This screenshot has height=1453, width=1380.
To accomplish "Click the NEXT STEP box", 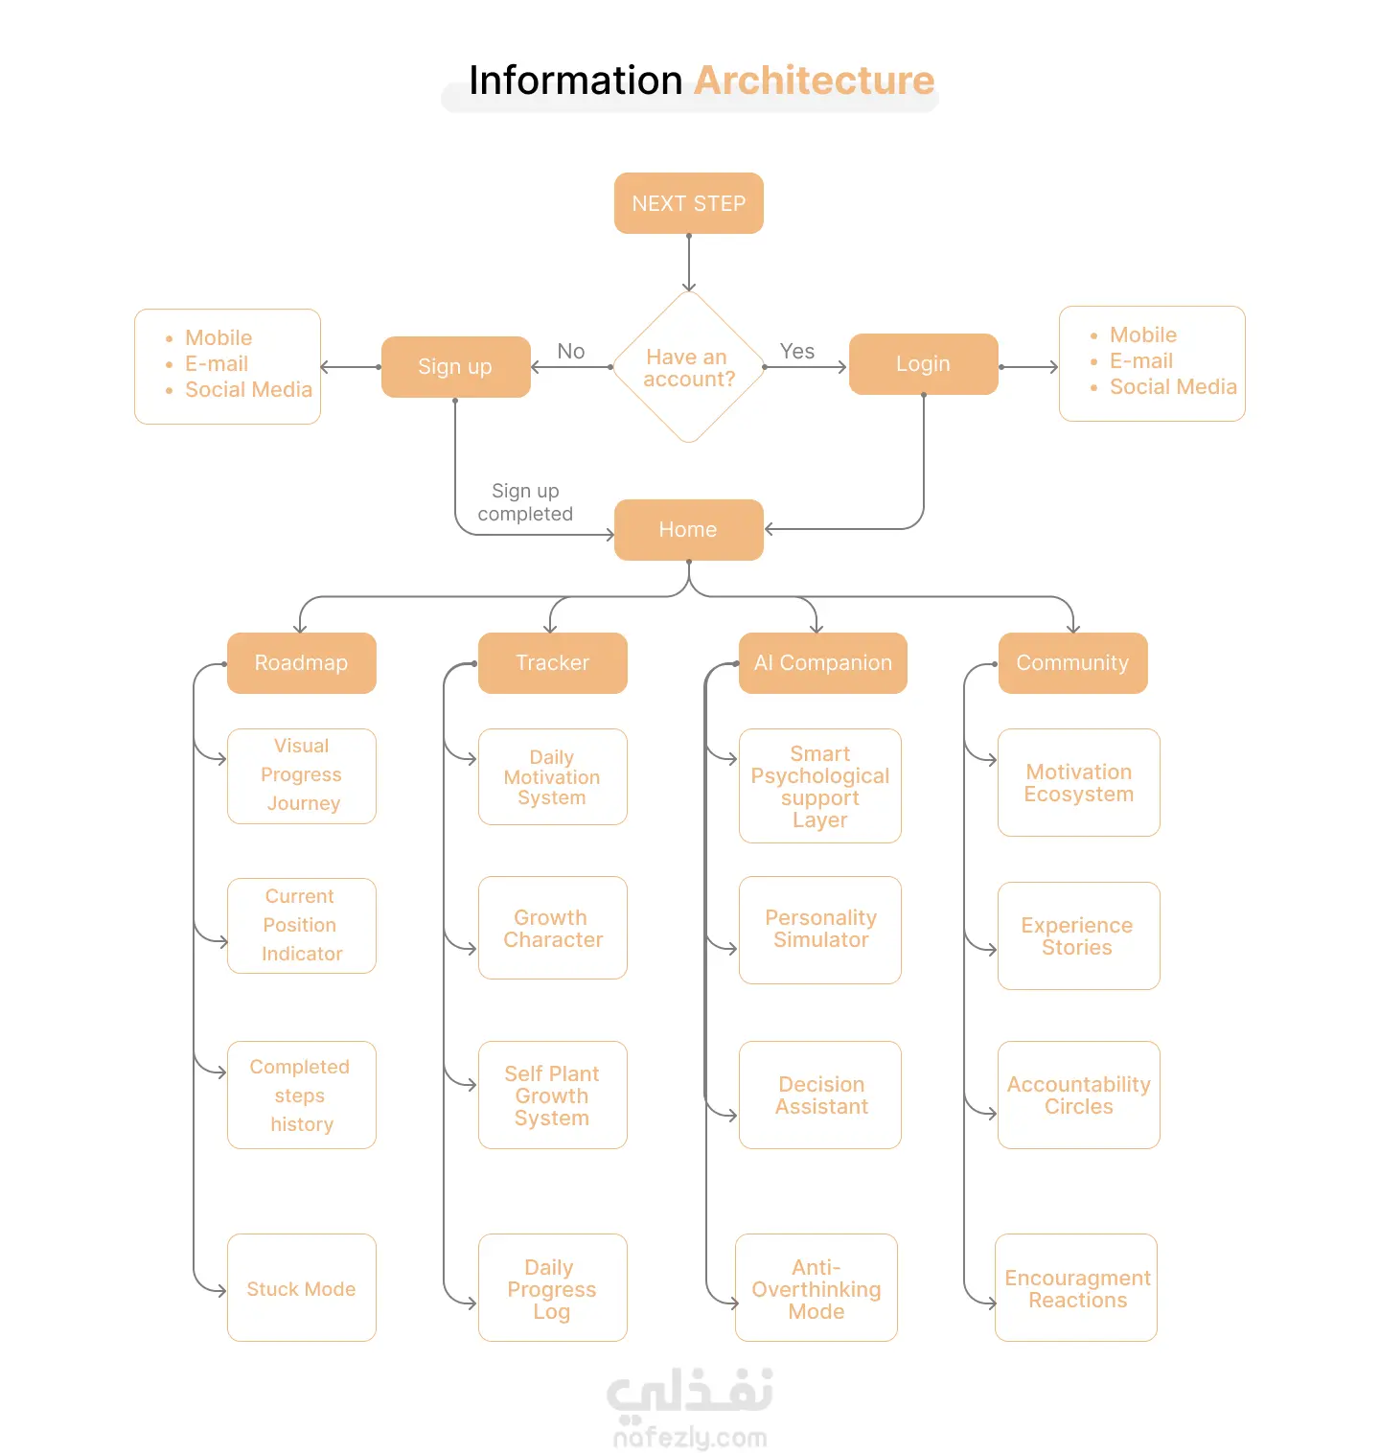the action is coord(688,203).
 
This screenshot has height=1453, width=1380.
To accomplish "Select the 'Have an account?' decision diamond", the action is coord(689,367).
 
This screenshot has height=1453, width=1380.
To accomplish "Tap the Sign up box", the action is coord(455,367).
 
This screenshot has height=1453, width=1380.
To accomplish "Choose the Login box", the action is coord(924,364).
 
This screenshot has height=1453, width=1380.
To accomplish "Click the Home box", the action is coord(688,530).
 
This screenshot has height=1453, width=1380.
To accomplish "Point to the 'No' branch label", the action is coord(571,352).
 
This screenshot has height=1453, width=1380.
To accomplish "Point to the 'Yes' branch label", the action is coord(797,352).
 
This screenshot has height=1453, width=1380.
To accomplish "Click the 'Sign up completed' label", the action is coord(525,502).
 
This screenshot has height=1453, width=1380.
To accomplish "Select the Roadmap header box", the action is coord(301,663).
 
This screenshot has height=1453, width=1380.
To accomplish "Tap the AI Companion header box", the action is coord(823,663).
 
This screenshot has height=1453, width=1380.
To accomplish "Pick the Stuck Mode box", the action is coord(301,1288).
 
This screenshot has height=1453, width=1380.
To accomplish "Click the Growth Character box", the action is coord(553,928).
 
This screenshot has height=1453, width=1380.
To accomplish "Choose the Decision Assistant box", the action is coord(820,1095).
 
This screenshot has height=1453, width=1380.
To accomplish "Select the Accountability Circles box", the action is coord(1079,1095).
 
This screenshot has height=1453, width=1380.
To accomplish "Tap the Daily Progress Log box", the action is coord(553,1288).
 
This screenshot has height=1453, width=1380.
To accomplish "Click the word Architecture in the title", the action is coord(815,81).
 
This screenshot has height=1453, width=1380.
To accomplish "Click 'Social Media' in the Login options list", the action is coord(1173,387).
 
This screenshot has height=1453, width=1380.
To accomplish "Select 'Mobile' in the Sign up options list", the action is coord(218,338).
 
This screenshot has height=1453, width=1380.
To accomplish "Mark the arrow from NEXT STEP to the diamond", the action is coord(689,263).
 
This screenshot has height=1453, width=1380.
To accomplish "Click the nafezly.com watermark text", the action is coord(690,1438).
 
